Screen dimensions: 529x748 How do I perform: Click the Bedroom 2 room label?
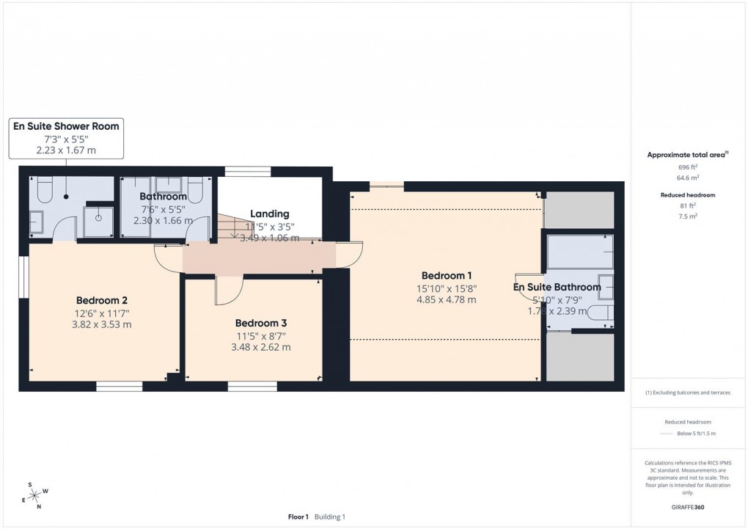(102, 300)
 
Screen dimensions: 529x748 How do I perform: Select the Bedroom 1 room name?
(446, 275)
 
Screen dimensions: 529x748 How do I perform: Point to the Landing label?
(269, 214)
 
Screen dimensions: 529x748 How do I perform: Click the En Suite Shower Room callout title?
(66, 126)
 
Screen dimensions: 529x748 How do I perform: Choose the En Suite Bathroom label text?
(557, 287)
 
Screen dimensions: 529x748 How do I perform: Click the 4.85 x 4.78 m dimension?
(446, 299)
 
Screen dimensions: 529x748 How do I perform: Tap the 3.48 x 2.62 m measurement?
(260, 347)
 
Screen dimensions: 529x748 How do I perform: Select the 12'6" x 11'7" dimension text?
(102, 313)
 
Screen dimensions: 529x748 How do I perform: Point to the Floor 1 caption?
(298, 517)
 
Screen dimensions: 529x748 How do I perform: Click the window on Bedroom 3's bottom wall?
(252, 385)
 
